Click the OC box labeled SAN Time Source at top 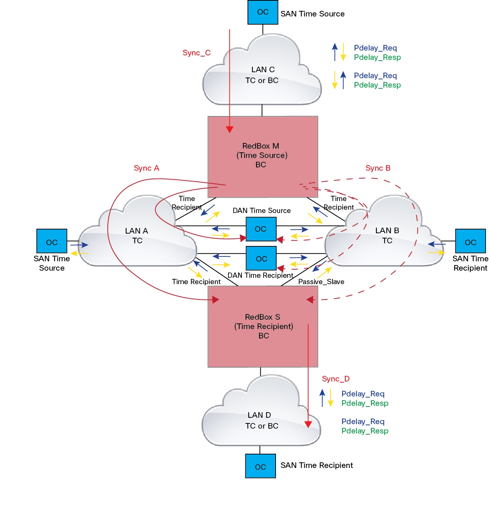pyautogui.click(x=262, y=12)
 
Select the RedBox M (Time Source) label pyautogui.click(x=261, y=155)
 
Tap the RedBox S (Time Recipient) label pyautogui.click(x=263, y=326)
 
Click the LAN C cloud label pyautogui.click(x=262, y=75)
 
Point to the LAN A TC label pyautogui.click(x=137, y=235)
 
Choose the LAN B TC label pyautogui.click(x=387, y=235)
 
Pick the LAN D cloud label pyautogui.click(x=261, y=420)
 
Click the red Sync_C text pyautogui.click(x=197, y=53)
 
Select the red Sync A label pyautogui.click(x=146, y=168)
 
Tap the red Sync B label pyautogui.click(x=378, y=168)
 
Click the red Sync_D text pyautogui.click(x=335, y=379)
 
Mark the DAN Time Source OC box pyautogui.click(x=261, y=229)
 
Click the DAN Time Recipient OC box pyautogui.click(x=261, y=258)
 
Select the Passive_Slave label pyautogui.click(x=321, y=282)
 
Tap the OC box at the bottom pyautogui.click(x=260, y=466)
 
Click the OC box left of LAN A pyautogui.click(x=52, y=241)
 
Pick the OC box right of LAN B pyautogui.click(x=470, y=241)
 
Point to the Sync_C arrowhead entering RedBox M pyautogui.click(x=230, y=130)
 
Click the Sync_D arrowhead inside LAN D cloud pyautogui.click(x=308, y=424)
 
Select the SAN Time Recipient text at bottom pyautogui.click(x=316, y=465)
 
